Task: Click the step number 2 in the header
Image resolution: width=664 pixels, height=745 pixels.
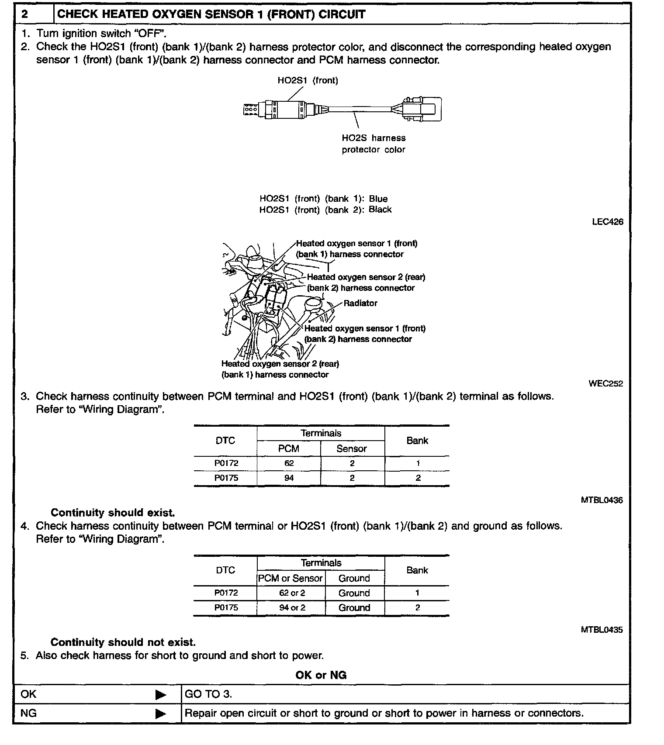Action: pos(25,14)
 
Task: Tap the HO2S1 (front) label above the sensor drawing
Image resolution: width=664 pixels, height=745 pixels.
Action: pos(308,80)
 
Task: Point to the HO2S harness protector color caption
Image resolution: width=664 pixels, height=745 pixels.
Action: pos(373,144)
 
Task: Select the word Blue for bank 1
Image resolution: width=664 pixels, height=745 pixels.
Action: pos(378,199)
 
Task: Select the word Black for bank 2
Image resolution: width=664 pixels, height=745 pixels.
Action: pos(380,210)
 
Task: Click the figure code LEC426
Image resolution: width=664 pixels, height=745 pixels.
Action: pos(607,222)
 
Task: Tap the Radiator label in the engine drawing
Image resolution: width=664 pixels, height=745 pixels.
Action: pos(360,303)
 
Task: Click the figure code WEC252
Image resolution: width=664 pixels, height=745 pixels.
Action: pos(605,384)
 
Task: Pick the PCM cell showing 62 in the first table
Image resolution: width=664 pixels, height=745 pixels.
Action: pos(289,463)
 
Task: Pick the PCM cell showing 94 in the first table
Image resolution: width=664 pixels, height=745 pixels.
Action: pos(289,478)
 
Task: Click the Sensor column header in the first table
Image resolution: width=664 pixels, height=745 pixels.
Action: pos(352,448)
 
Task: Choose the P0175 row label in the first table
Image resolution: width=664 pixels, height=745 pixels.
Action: pos(226,478)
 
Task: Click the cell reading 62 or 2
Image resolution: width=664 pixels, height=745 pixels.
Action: pos(292,593)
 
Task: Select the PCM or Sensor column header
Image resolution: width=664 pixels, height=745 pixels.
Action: pos(290,578)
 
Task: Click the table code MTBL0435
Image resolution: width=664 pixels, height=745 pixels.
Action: pos(602,630)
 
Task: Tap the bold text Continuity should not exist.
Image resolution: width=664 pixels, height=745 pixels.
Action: pos(123,642)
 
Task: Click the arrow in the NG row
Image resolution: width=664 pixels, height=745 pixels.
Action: pos(161,714)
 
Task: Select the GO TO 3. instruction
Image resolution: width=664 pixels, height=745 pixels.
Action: pos(208,694)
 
